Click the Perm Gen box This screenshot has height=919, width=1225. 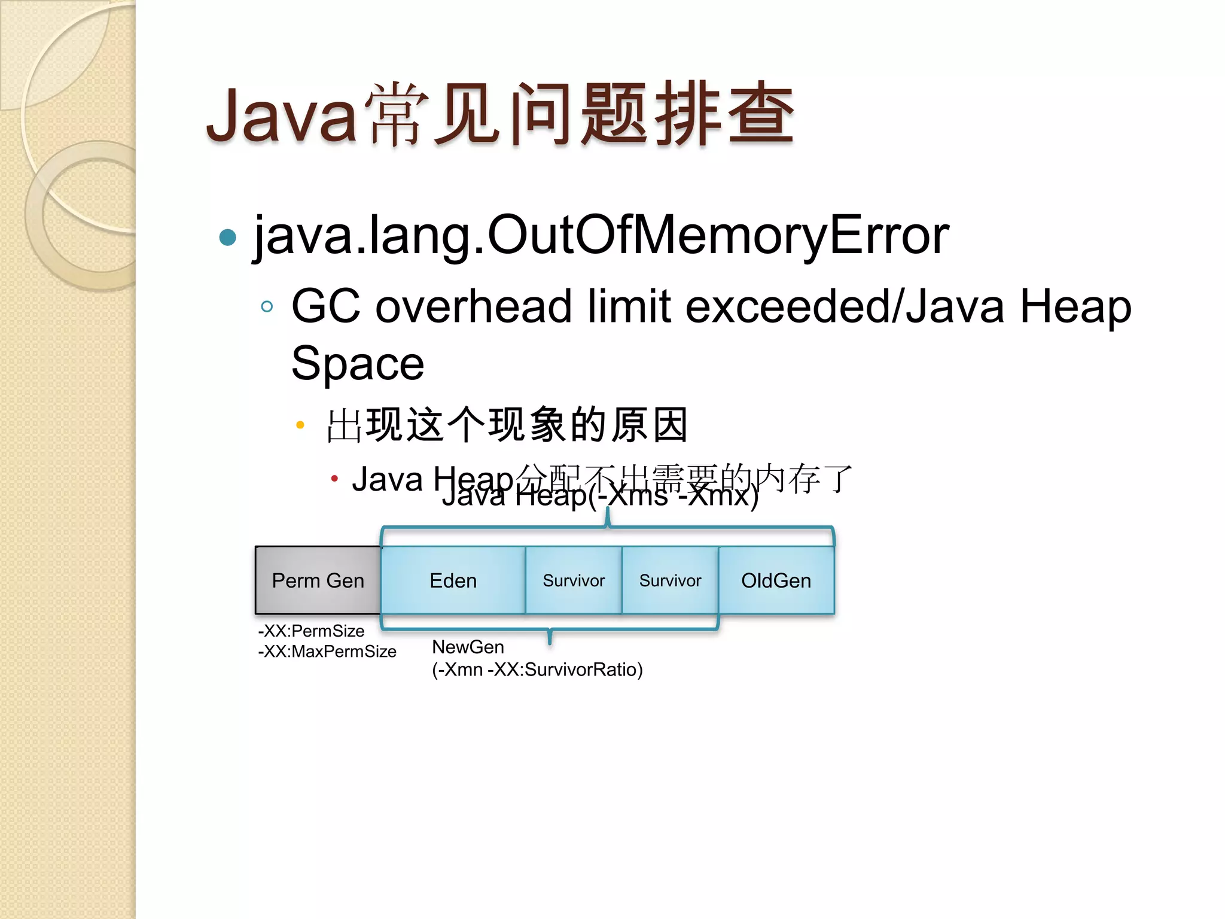pyautogui.click(x=318, y=580)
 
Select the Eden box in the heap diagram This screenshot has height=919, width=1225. pyautogui.click(x=453, y=580)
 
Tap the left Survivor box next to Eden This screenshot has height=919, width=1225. pyautogui.click(x=574, y=580)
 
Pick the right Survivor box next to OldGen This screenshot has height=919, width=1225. pyautogui.click(x=670, y=580)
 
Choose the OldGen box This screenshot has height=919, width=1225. pyautogui.click(x=776, y=580)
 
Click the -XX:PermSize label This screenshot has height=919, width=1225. pyautogui.click(x=311, y=631)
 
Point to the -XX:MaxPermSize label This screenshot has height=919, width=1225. pyautogui.click(x=327, y=651)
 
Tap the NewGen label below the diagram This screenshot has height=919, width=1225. pyautogui.click(x=468, y=647)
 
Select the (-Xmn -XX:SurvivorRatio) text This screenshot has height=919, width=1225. pyautogui.click(x=537, y=669)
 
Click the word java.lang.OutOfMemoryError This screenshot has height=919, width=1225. pyautogui.click(x=601, y=236)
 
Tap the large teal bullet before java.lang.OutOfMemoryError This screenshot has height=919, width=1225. pyautogui.click(x=228, y=238)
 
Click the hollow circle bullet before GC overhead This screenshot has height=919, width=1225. pyautogui.click(x=267, y=307)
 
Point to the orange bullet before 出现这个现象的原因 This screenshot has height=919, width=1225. pyautogui.click(x=300, y=425)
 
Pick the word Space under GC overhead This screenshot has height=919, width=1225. pyautogui.click(x=358, y=364)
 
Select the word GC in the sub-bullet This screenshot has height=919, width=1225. pyautogui.click(x=326, y=306)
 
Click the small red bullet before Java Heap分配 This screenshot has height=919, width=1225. pyautogui.click(x=334, y=479)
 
